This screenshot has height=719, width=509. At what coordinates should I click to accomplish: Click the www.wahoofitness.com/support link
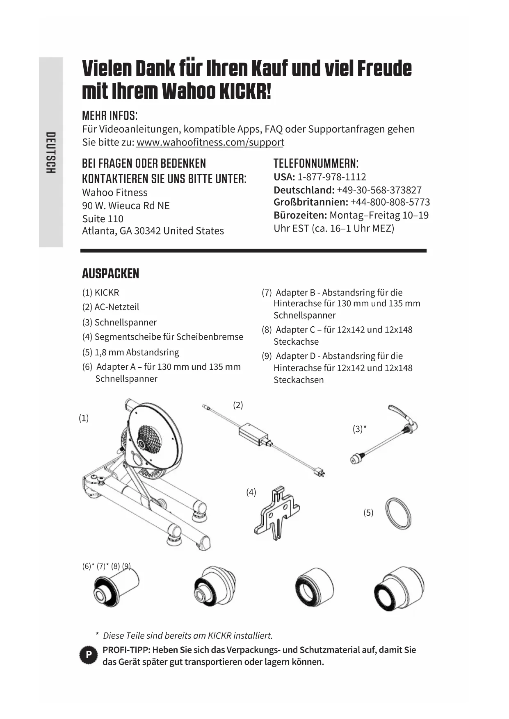[x=210, y=142]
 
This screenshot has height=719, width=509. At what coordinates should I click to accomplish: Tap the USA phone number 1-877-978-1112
[x=331, y=177]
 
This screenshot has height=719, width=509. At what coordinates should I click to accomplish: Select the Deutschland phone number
[x=379, y=190]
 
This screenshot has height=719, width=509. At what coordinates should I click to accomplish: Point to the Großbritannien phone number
[x=390, y=202]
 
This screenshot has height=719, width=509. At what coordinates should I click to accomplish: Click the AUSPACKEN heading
[x=110, y=273]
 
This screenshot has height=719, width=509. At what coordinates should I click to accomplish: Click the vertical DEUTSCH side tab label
[x=51, y=152]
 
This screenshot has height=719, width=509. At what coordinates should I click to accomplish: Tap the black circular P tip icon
[x=88, y=655]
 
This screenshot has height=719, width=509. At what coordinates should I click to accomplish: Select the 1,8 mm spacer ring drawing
[x=398, y=514]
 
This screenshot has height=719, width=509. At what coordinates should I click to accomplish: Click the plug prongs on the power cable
[x=321, y=472]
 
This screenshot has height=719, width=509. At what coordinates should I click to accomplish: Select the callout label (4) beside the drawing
[x=251, y=492]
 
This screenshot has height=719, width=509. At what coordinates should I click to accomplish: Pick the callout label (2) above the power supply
[x=238, y=405]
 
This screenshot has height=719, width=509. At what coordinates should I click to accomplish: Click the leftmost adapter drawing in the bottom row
[x=116, y=587]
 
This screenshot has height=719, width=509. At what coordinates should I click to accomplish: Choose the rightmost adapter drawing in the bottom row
[x=399, y=588]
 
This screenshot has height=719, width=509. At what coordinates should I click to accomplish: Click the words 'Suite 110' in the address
[x=103, y=218]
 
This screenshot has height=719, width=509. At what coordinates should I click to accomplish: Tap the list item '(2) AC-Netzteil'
[x=111, y=307]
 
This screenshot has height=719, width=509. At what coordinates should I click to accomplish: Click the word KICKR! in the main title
[x=245, y=91]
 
